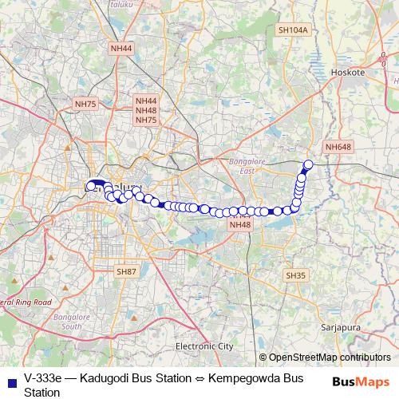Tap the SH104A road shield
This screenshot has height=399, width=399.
point(293,30)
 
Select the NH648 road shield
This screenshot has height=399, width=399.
point(338,147)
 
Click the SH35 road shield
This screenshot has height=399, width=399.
point(295,275)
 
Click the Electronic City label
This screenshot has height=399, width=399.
point(204,346)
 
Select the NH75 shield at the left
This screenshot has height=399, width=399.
point(85,104)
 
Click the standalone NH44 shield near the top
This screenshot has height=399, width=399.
point(122,49)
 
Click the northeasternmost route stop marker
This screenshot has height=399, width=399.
point(308,164)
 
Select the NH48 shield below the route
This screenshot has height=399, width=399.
point(239,225)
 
